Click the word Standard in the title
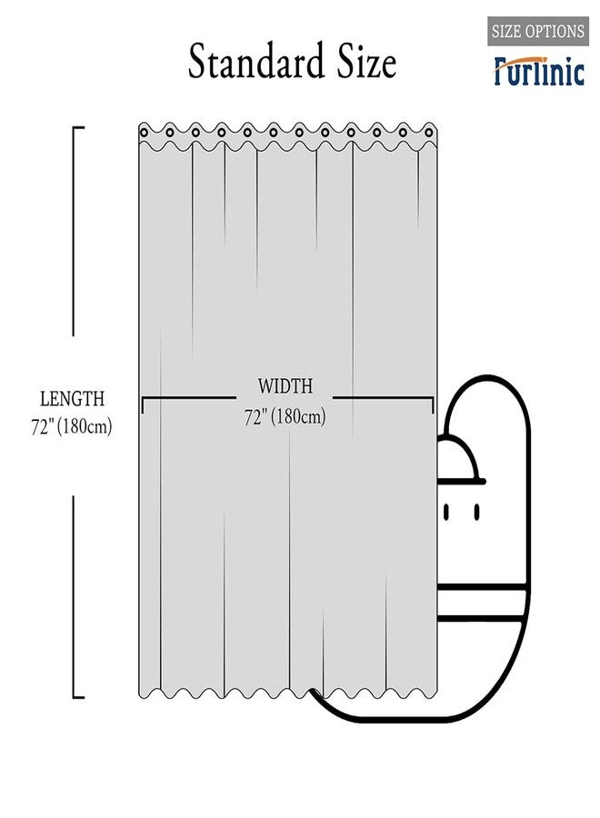point(256,61)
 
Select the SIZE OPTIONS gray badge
point(538,31)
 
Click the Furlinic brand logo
point(539,71)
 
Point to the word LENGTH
point(72,399)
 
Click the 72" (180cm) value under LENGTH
point(72,427)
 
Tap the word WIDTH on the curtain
point(285,386)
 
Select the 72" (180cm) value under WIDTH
point(285,417)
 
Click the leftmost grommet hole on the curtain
point(144,133)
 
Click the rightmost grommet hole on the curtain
point(429,133)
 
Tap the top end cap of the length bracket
point(78,127)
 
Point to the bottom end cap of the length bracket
point(78,696)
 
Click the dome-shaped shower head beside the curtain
point(459,459)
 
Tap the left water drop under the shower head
point(446,512)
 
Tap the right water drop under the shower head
point(476,512)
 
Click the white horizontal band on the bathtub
point(481,604)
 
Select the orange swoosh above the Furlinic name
point(520,59)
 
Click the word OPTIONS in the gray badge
point(554,31)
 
